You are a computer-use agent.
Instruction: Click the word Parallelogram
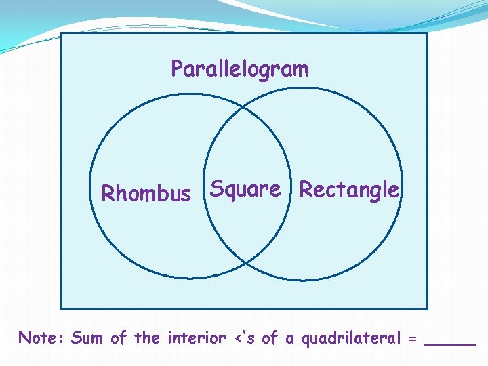[239, 69]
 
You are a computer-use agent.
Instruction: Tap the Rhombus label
[146, 194]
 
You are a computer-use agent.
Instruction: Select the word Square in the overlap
[245, 189]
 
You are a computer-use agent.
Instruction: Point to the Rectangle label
[349, 190]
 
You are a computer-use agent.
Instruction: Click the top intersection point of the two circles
[245, 107]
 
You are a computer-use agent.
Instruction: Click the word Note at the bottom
[41, 338]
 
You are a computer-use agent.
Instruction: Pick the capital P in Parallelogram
[176, 68]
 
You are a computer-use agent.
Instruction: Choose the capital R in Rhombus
[107, 194]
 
